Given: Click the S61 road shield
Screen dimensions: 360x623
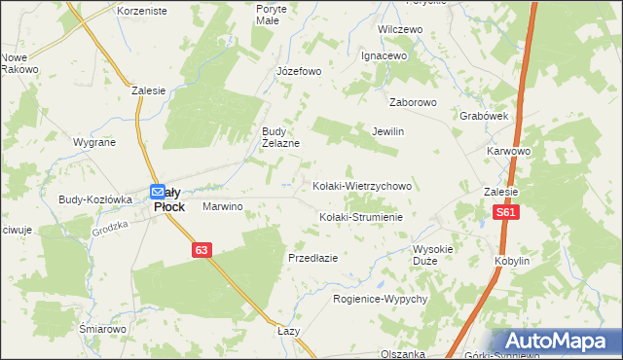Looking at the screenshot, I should [x=505, y=213].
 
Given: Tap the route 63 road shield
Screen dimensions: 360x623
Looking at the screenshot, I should [x=201, y=250].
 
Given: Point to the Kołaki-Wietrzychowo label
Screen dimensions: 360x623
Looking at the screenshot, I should [x=362, y=185].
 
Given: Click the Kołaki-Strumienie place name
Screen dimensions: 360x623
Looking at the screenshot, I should [x=361, y=217].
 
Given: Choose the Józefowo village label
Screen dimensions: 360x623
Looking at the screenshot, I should [x=299, y=71].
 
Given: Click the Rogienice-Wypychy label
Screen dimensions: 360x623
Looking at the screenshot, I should [x=381, y=299].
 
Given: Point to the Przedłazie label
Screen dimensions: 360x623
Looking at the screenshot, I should [x=312, y=258].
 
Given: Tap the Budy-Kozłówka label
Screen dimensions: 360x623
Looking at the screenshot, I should [x=94, y=198].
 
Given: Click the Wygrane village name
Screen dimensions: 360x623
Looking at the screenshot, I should [x=94, y=142].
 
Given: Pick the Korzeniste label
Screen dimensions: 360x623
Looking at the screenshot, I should [x=142, y=11].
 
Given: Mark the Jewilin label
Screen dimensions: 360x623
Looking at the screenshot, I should [x=387, y=131].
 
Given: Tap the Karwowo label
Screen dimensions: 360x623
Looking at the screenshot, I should [x=508, y=152].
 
